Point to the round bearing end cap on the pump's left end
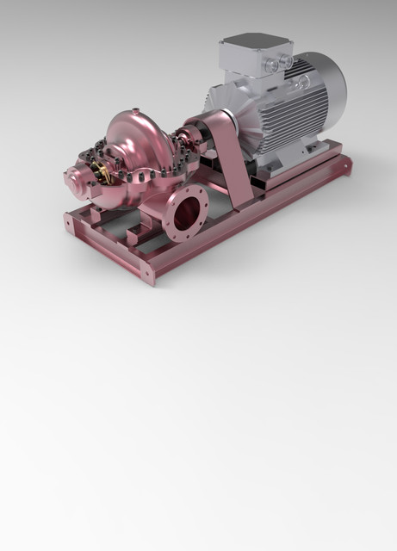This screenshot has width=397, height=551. [73, 180]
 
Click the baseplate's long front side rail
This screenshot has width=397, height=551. [241, 232]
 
